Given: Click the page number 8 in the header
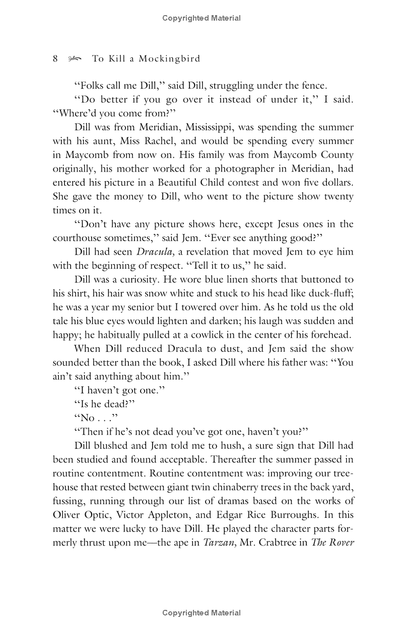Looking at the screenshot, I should coord(56,59).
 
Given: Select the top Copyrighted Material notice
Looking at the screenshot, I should coord(201,18).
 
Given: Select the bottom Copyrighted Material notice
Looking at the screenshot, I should coord(201,613).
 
